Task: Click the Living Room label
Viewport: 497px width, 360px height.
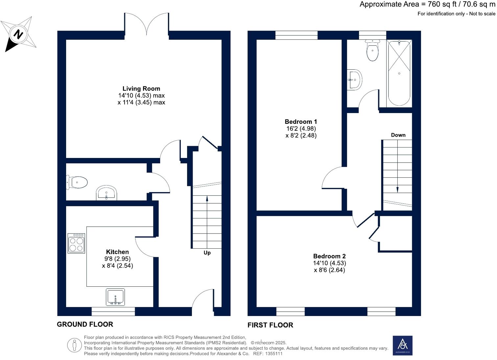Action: point(141,89)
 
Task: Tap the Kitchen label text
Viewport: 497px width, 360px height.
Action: point(117,252)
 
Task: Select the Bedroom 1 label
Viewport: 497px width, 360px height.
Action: point(301,122)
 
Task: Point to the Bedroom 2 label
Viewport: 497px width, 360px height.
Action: point(329,256)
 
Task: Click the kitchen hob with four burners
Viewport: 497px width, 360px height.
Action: point(76,243)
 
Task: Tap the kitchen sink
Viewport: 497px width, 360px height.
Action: point(115,297)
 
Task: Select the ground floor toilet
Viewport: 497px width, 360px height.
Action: point(77,182)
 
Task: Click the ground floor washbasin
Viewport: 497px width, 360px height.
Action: point(106,193)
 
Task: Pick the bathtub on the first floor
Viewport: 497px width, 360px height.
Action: point(399,73)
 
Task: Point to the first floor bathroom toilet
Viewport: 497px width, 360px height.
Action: point(372,50)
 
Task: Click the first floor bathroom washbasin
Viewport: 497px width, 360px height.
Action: point(355,80)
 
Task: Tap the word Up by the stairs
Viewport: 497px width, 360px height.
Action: point(207,253)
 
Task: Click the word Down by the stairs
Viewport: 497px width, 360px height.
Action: point(398,135)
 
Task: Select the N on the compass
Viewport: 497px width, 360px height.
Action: point(18,34)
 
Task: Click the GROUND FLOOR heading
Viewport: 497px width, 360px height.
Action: point(85,324)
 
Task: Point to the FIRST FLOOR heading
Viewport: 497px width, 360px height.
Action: point(270,325)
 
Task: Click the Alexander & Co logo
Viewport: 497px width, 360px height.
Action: point(402,346)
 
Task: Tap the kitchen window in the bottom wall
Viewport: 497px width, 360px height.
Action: point(113,311)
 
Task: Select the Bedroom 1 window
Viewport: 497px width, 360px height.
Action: point(296,35)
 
